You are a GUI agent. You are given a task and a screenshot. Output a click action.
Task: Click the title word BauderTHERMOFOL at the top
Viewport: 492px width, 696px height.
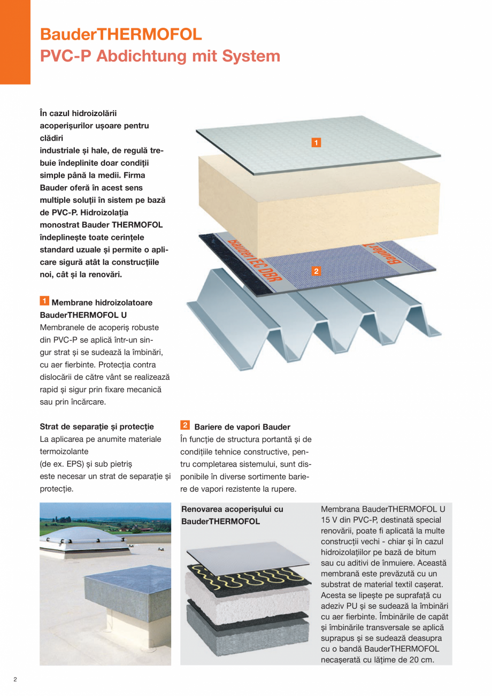(121, 34)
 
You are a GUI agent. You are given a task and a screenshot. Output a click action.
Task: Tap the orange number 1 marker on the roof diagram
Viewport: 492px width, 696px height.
(316, 142)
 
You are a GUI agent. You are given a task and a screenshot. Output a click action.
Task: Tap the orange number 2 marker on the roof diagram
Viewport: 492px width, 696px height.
(316, 271)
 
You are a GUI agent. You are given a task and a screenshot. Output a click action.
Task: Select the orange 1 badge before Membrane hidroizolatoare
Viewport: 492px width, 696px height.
(45, 301)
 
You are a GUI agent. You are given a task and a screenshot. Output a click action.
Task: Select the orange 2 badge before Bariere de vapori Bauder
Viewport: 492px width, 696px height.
(185, 425)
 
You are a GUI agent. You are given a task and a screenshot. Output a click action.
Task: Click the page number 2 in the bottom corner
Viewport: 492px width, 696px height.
(15, 679)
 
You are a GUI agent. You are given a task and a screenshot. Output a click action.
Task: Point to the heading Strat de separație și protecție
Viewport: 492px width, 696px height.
(97, 426)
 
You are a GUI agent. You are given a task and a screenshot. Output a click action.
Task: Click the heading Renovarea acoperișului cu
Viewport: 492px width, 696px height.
(232, 509)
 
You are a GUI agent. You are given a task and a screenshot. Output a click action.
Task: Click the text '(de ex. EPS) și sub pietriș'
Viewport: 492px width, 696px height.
(86, 464)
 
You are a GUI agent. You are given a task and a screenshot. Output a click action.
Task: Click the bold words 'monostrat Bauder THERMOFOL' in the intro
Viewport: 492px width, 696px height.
(101, 224)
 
